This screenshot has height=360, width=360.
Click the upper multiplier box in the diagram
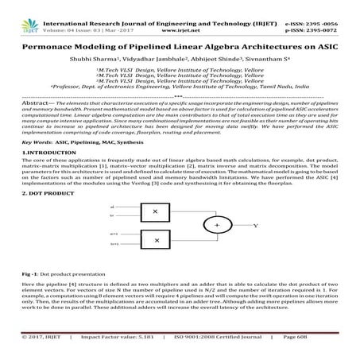coord(157,213)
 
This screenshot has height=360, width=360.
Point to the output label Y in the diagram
coord(255,226)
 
